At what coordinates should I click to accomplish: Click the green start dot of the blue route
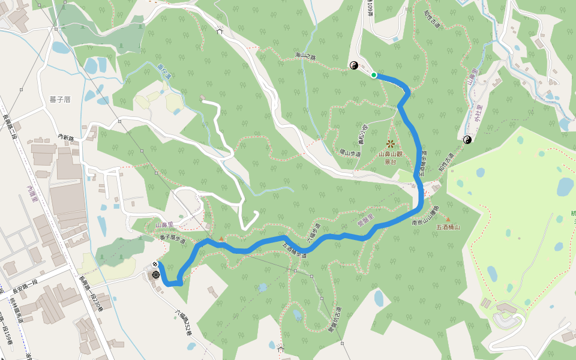click(374, 75)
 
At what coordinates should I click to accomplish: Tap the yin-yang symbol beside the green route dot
click(354, 65)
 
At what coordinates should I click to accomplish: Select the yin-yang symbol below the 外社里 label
click(467, 140)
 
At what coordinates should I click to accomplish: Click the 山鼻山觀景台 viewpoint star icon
click(391, 143)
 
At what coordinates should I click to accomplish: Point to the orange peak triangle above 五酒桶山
click(447, 220)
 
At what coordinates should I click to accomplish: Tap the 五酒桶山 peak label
click(448, 227)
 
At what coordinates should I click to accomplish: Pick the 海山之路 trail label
click(305, 56)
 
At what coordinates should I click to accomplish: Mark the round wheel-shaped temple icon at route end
click(156, 274)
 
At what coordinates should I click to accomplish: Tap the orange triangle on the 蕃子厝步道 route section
click(221, 239)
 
